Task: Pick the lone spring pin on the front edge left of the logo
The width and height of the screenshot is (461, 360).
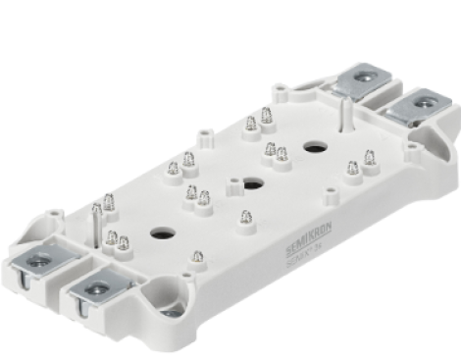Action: point(198,257)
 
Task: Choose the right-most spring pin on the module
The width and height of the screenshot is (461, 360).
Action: point(370,157)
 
